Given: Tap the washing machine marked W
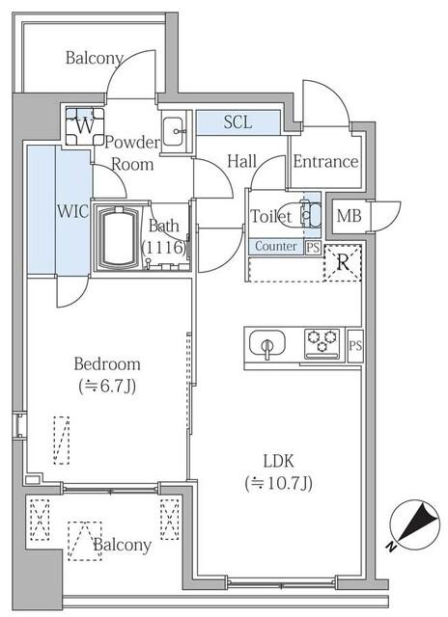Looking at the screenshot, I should [x=85, y=124].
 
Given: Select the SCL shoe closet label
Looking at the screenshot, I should [x=238, y=122].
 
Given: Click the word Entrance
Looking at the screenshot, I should [x=325, y=161].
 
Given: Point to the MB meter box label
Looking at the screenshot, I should [x=349, y=215].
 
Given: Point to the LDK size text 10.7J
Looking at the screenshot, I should [x=280, y=482].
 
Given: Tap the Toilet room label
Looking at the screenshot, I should [x=270, y=217].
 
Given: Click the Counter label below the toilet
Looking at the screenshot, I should [x=275, y=247].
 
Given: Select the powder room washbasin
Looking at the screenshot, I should [x=175, y=132].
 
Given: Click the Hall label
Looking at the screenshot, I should [x=241, y=161].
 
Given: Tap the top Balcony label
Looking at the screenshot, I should [x=94, y=58].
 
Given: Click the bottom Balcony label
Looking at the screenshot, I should [x=122, y=545].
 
